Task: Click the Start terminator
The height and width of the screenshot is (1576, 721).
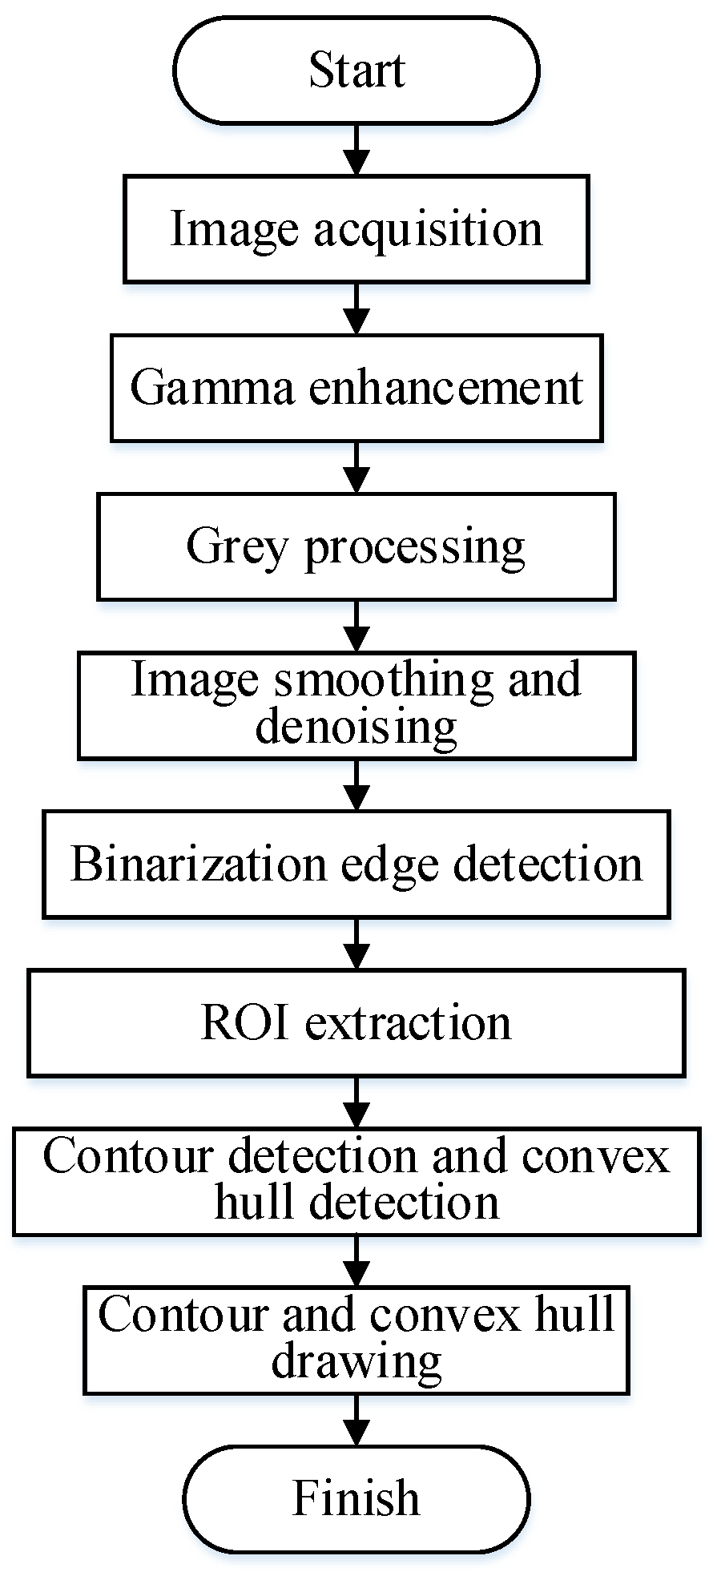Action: point(356,71)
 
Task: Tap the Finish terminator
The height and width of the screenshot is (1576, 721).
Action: point(356,1497)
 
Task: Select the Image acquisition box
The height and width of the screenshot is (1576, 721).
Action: point(356,229)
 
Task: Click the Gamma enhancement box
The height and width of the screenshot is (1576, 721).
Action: point(356,388)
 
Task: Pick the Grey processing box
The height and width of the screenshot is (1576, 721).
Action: point(356,546)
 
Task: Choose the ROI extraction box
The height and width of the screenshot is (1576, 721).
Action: point(356,1022)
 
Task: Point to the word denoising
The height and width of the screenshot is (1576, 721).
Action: point(356,728)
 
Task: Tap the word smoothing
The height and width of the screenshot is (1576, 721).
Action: point(384,680)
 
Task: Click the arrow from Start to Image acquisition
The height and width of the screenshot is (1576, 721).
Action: point(356,150)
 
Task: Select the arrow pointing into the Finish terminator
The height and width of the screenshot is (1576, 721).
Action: point(356,1420)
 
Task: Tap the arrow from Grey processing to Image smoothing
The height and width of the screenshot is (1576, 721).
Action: point(356,626)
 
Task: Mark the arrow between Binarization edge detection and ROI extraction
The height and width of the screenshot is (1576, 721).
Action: point(356,943)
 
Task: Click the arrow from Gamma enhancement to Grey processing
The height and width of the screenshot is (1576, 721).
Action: point(356,467)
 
